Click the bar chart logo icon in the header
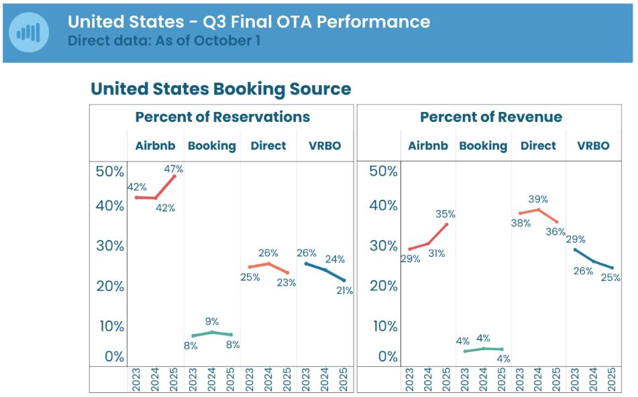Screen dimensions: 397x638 point(29,32)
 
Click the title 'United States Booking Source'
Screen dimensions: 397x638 point(221,89)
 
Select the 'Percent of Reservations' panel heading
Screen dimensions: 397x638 point(222,117)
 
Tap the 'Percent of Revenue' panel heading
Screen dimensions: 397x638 point(491,117)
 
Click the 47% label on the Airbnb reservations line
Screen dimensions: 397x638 point(174,170)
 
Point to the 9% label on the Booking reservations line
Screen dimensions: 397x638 point(212,322)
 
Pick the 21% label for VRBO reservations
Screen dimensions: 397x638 point(345,290)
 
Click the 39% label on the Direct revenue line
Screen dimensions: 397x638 point(538,199)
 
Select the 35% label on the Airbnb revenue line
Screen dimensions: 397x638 point(445,215)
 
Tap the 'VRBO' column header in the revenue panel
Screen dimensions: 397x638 point(592,146)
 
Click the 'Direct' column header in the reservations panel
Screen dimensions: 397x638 point(268,146)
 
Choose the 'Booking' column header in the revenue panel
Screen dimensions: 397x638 point(483,146)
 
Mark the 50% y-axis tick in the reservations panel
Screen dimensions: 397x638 point(110,171)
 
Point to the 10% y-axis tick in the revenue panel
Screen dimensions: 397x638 point(384,327)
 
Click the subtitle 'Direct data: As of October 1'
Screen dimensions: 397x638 point(164,40)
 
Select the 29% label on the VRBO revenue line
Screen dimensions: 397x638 point(576,239)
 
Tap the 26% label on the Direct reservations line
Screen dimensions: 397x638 point(268,253)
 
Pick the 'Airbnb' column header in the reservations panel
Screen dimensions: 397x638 point(155,146)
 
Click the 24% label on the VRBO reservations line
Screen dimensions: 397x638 point(335,259)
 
